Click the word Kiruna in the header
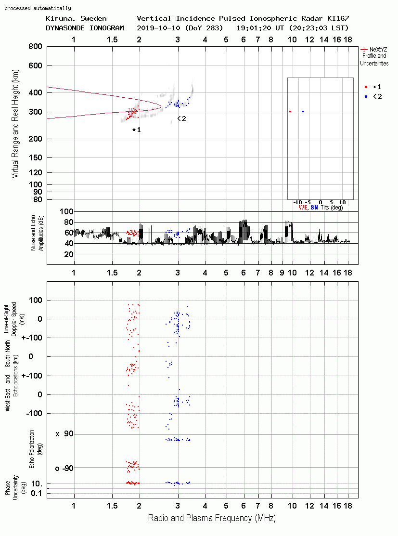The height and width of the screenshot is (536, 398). tap(59, 19)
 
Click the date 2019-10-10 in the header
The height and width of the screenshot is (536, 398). tap(158, 28)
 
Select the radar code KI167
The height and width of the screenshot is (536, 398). tap(338, 18)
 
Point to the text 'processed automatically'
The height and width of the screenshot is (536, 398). tap(38, 8)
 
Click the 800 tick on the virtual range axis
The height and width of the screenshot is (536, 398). tap(35, 47)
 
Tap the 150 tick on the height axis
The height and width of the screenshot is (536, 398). tap(35, 157)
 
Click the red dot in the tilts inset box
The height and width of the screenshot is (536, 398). tap(290, 111)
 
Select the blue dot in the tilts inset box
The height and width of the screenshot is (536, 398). tap(303, 111)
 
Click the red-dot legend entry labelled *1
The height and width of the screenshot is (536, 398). tap(373, 87)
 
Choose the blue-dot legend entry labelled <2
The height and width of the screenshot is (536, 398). tap(373, 96)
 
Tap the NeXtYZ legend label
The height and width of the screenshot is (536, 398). tap(378, 50)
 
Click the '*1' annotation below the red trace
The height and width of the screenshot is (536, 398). tap(137, 130)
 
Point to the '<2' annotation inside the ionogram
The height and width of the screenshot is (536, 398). tap(182, 118)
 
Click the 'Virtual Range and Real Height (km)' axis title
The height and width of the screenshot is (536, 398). tap(15, 124)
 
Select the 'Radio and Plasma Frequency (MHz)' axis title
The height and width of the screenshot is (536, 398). tap(212, 518)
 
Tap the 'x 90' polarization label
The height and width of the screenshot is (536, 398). tap(64, 434)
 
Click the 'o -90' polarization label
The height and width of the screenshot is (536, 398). tap(64, 468)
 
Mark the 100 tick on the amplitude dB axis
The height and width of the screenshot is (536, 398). tap(66, 211)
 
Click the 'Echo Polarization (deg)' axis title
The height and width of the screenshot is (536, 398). tap(36, 449)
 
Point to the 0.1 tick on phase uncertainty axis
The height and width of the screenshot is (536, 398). tap(37, 493)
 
